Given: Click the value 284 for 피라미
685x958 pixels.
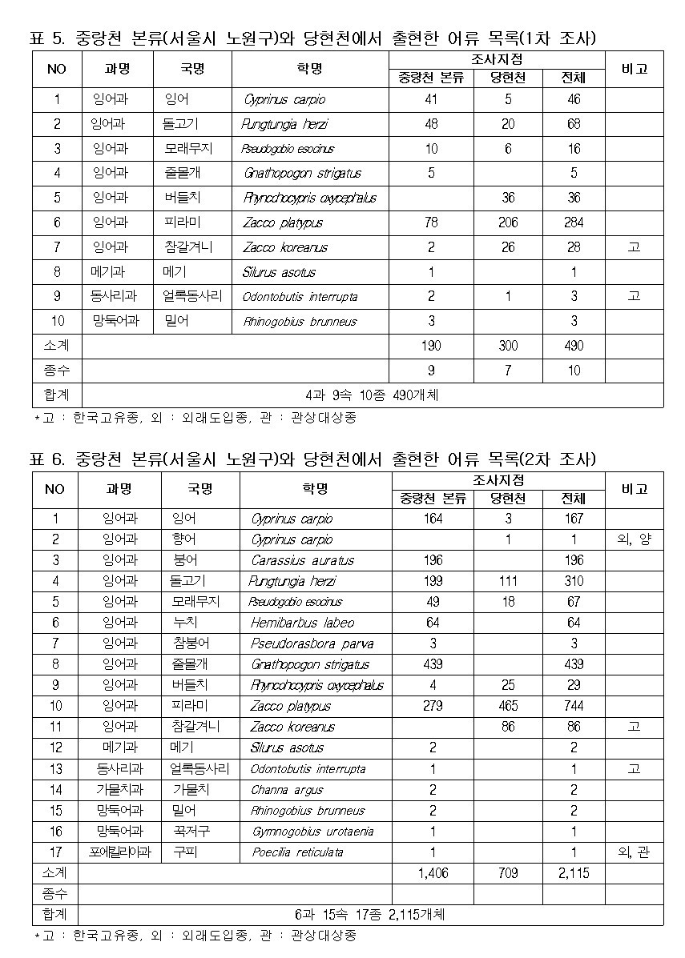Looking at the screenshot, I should coord(574,223).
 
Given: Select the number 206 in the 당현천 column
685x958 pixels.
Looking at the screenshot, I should coord(508,223).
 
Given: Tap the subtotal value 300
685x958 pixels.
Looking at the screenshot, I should coord(508,347).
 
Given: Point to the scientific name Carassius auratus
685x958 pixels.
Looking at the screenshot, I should coord(302,560).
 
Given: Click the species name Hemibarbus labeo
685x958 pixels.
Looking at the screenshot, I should coord(302,623).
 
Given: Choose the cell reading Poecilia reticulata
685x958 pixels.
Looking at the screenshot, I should coord(297,852).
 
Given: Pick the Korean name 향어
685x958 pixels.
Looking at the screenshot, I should coord(184,540).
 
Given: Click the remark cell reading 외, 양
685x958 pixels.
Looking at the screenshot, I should coord(635,540).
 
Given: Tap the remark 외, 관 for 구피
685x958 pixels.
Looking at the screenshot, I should coord(635,852).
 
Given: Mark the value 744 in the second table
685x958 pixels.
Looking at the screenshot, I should coord(574,707).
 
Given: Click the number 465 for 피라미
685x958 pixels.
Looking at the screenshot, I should coord(508,707).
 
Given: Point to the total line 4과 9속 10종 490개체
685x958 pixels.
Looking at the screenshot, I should coord(372,395).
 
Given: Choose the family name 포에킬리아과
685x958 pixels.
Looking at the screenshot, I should coord(119,852).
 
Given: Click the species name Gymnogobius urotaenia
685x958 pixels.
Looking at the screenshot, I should coord(312,832).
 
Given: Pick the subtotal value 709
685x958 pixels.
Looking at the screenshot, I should coord(508,873).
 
